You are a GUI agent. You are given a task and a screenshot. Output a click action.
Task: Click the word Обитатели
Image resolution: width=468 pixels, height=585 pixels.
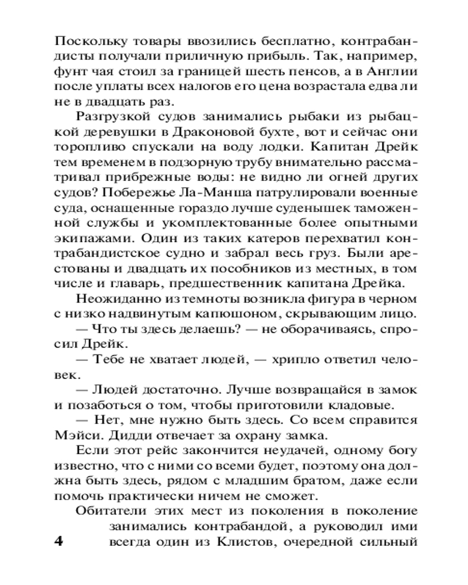point(104,511)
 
